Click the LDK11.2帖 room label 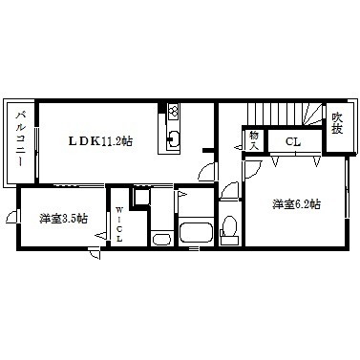point(99,140)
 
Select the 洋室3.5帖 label point(64,219)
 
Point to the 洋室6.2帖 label point(296,204)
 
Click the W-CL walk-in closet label point(120,225)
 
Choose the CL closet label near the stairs point(293,142)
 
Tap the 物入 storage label point(255,140)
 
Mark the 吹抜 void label point(337,125)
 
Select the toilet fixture point(229,228)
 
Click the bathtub point(195,232)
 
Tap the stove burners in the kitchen point(174,112)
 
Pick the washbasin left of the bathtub point(161,238)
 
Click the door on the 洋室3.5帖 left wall point(11,221)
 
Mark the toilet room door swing point(228,194)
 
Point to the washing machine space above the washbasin point(141,199)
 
